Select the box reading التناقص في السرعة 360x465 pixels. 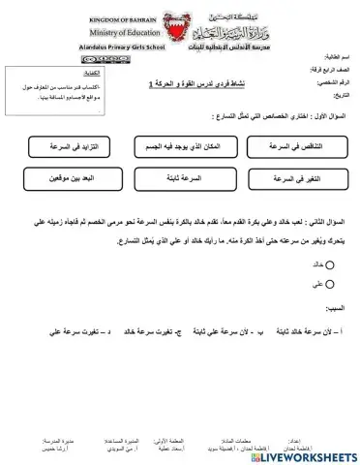tap(289, 145)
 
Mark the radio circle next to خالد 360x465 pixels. tap(330, 263)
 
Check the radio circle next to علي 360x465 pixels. tap(330, 284)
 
